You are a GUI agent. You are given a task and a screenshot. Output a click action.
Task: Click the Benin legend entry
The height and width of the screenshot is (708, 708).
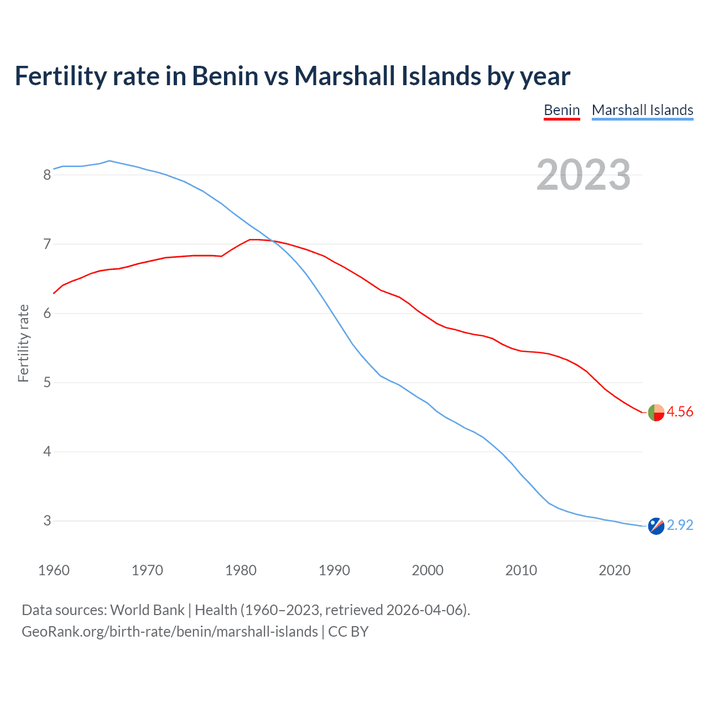[561, 110]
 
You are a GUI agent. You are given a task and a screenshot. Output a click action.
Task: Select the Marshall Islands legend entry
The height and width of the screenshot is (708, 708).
[642, 110]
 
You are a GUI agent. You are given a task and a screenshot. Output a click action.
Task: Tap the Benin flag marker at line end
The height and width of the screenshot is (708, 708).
[655, 413]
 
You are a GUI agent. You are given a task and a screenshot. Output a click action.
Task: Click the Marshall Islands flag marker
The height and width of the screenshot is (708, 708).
[655, 526]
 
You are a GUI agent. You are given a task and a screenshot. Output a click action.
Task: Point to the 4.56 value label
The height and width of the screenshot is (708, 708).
[680, 412]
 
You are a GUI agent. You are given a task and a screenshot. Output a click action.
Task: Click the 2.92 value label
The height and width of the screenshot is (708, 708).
[680, 525]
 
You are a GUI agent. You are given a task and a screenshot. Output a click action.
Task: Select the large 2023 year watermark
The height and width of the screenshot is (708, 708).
[584, 175]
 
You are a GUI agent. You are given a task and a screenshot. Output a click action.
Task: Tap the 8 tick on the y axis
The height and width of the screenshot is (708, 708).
[47, 175]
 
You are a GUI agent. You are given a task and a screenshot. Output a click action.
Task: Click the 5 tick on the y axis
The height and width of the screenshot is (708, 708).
[47, 383]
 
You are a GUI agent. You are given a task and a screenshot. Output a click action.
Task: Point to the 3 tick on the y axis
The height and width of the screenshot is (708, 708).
[47, 521]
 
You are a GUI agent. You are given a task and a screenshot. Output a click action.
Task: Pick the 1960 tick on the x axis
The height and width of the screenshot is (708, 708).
[54, 570]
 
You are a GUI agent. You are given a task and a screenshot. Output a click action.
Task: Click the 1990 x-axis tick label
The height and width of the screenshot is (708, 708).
[334, 570]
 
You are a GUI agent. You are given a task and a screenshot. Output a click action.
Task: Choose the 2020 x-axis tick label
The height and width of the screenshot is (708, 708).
[615, 570]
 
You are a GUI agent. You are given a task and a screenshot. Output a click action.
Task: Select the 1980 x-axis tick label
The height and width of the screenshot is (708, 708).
[241, 570]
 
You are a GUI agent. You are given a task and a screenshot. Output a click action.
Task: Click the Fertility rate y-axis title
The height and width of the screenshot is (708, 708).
[23, 343]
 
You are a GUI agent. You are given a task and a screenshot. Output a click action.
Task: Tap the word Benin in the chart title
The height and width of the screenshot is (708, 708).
[225, 76]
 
